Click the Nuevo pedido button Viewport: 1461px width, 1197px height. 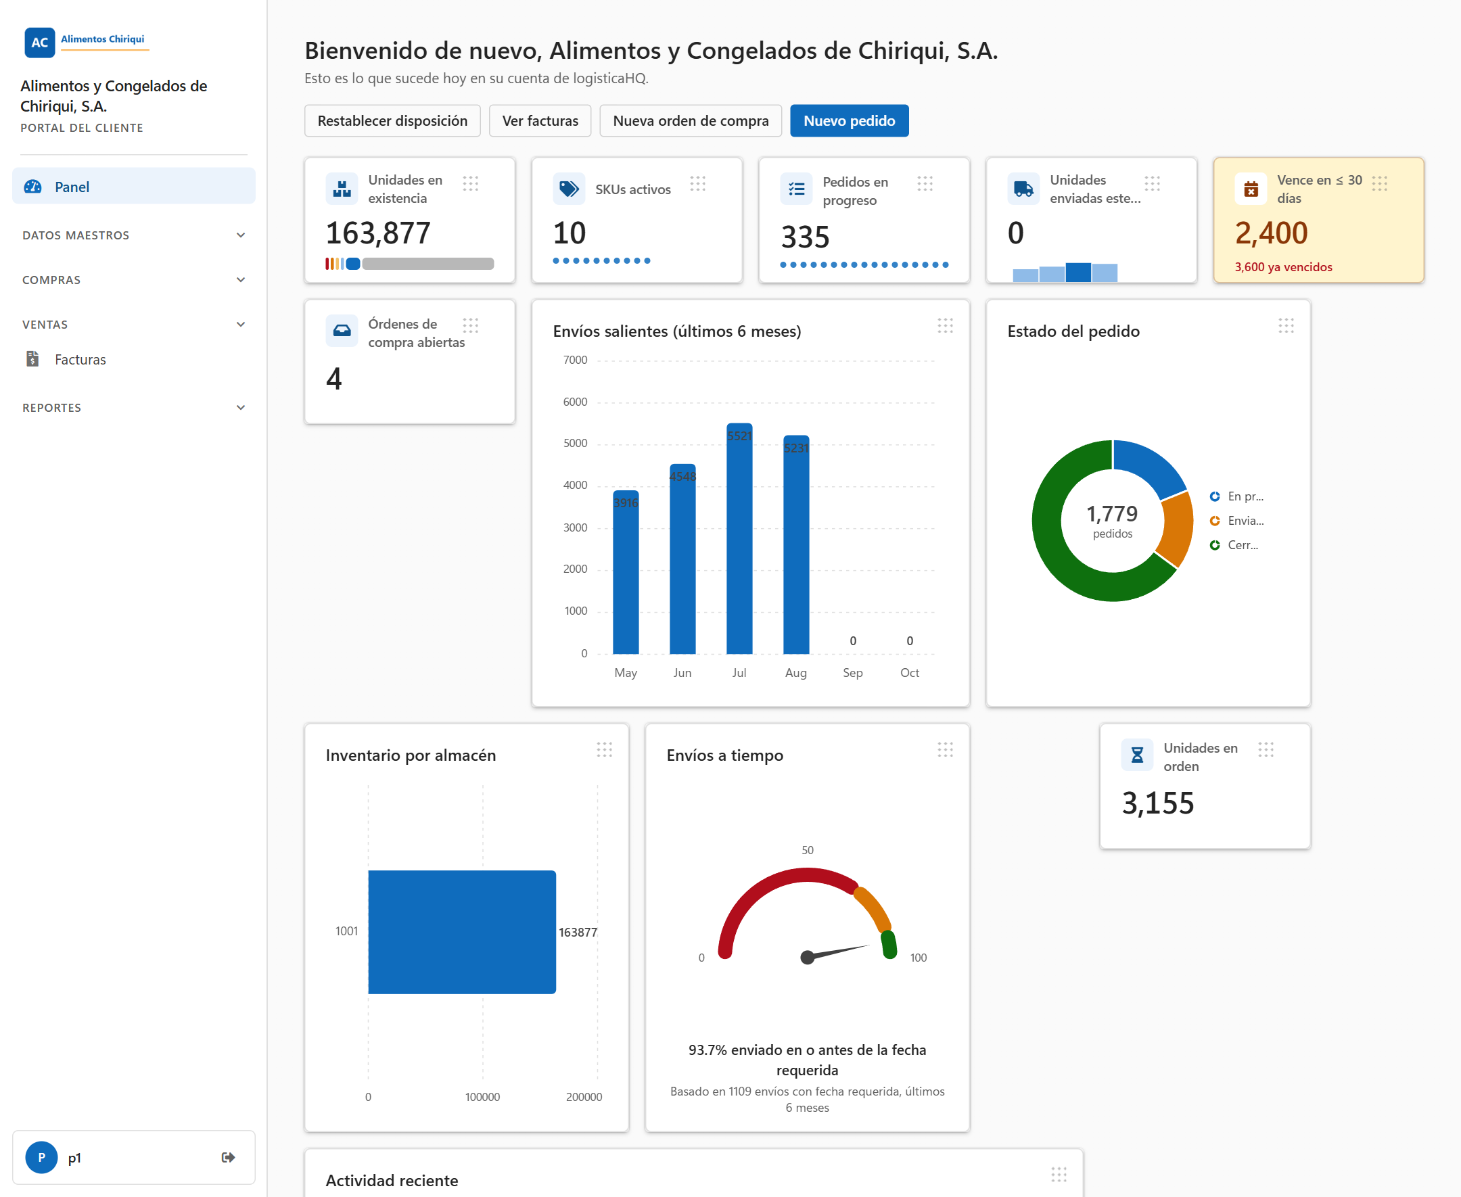tap(849, 120)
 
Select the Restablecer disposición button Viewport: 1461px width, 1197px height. tap(392, 120)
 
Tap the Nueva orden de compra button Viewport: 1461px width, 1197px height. tap(690, 120)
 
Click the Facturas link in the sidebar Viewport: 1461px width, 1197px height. tap(80, 359)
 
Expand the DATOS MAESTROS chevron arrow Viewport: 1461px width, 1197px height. tap(241, 235)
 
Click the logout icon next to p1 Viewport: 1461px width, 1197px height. tap(228, 1157)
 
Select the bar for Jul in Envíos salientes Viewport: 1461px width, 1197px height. tap(739, 538)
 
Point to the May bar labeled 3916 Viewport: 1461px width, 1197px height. tap(626, 572)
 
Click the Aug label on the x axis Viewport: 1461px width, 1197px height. tap(795, 672)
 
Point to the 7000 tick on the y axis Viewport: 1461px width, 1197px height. tap(575, 360)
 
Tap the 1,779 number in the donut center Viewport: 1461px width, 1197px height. tap(1112, 514)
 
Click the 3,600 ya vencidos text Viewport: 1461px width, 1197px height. tap(1283, 267)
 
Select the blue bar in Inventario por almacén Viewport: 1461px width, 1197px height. tap(462, 931)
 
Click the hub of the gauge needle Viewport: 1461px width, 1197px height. tap(808, 957)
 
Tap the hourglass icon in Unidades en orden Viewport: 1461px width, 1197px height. tap(1137, 755)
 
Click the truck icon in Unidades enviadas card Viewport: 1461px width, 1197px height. tap(1023, 189)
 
